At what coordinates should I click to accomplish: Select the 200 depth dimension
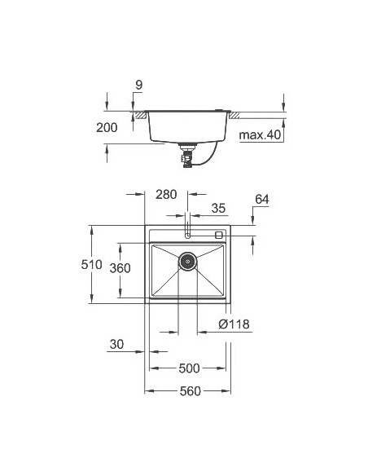pyautogui.click(x=107, y=127)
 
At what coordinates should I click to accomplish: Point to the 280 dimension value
pyautogui.click(x=166, y=195)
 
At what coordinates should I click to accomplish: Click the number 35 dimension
pyautogui.click(x=217, y=209)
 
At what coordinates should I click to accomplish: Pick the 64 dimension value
pyautogui.click(x=261, y=200)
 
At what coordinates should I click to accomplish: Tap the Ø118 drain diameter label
pyautogui.click(x=234, y=325)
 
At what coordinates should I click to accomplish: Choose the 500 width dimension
pyautogui.click(x=187, y=368)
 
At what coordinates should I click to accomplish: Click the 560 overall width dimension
pyautogui.click(x=187, y=392)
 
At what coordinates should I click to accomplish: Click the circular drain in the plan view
pyautogui.click(x=188, y=262)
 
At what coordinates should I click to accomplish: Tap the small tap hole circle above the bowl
pyautogui.click(x=188, y=235)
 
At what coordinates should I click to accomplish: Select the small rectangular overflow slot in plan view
pyautogui.click(x=219, y=235)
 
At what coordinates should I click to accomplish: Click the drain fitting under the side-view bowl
pyautogui.click(x=189, y=152)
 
